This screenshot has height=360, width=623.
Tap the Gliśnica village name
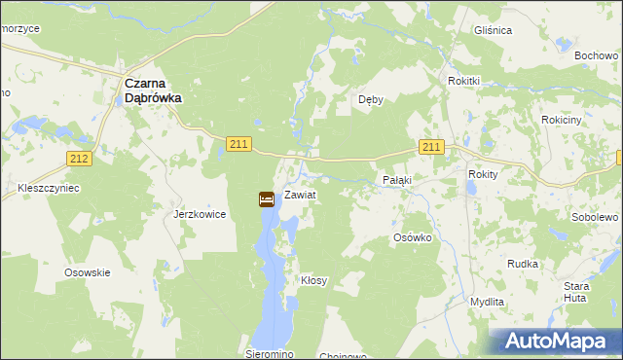(x=493, y=31)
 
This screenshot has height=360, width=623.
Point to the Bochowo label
(x=596, y=55)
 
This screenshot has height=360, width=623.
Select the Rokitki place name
(x=464, y=81)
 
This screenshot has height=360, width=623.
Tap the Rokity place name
(x=483, y=174)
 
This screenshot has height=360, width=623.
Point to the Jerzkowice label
(x=200, y=214)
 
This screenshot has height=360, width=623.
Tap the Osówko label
(x=412, y=238)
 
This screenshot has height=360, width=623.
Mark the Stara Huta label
(x=576, y=292)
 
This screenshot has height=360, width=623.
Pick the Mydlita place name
(x=487, y=302)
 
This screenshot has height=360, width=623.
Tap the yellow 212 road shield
(x=80, y=159)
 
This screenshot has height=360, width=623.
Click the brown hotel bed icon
(x=266, y=199)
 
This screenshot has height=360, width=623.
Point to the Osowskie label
(x=87, y=273)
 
